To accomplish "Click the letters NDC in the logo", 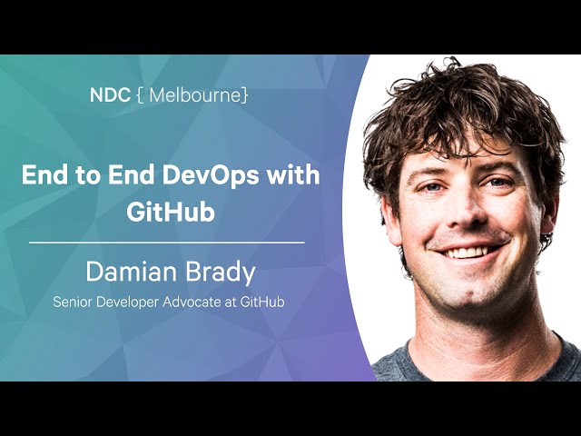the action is pos(110,95).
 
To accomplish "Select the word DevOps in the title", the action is pos(210,175).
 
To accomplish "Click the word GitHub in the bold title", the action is pos(171,212).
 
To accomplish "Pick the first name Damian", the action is pos(132,272).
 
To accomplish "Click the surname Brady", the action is pos(220,272).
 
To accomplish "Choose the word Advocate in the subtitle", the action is pos(192,302).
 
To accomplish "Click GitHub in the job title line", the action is pos(262,302).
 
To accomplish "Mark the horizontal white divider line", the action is pos(167,243).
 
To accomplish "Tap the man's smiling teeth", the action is pos(468,253).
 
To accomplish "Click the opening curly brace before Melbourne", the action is pos(140,95).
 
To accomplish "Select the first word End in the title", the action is pos(44,175).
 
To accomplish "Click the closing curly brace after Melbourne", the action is pos(244,95).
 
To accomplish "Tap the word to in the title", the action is pos(88,175).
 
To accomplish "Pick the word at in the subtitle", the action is pos(231,302).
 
